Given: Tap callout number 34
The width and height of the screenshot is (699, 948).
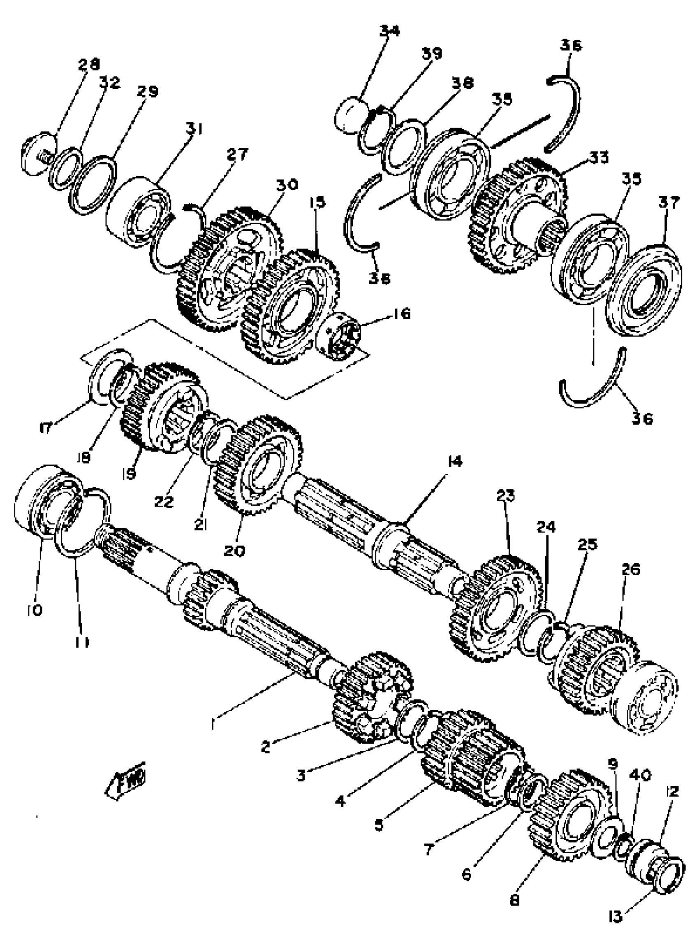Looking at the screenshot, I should pyautogui.click(x=389, y=30).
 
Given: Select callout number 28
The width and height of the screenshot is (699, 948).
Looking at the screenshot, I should pyautogui.click(x=89, y=64).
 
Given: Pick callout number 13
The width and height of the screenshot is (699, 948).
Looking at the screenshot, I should pyautogui.click(x=616, y=914).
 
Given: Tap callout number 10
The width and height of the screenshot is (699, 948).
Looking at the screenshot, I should pyautogui.click(x=35, y=610).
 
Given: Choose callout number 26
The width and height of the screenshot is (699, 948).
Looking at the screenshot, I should pyautogui.click(x=630, y=569).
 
